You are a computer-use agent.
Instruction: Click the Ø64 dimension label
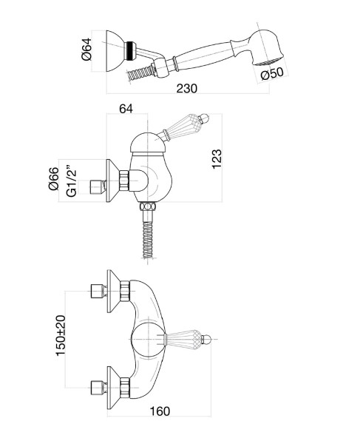tap(86, 49)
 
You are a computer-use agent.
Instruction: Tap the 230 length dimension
tap(186, 88)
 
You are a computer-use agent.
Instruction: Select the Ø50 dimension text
tap(272, 73)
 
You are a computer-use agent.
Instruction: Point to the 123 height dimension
tap(217, 159)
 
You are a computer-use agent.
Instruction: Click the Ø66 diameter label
tap(54, 178)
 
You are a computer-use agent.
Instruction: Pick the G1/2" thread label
tap(72, 180)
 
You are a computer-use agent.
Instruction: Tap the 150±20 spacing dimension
tap(60, 335)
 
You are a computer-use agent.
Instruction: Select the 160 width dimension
tap(160, 411)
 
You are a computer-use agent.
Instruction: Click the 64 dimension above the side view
tap(126, 109)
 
